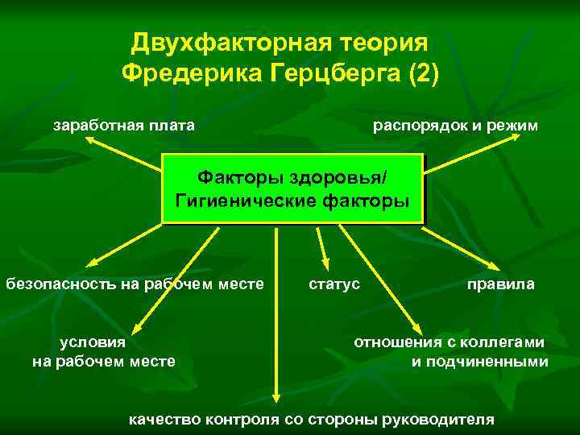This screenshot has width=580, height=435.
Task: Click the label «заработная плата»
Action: pyautogui.click(x=123, y=125)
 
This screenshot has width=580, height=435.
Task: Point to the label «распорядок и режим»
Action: pyautogui.click(x=455, y=125)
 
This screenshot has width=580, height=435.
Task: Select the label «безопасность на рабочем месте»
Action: pyautogui.click(x=135, y=284)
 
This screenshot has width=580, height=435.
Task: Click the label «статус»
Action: pyautogui.click(x=334, y=284)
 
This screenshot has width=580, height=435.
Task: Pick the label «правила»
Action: pyautogui.click(x=500, y=284)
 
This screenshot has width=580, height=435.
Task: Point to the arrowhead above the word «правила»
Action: pyautogui.click(x=493, y=267)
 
